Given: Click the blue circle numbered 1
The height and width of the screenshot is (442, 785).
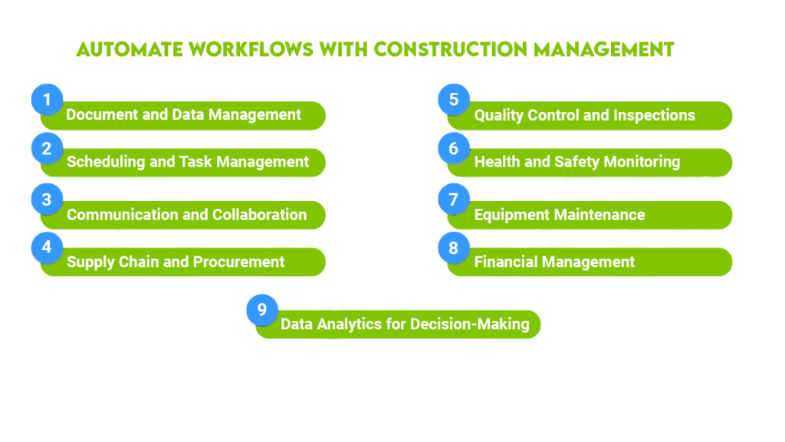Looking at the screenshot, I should [x=47, y=100].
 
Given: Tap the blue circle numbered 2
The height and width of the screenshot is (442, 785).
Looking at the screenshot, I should [x=47, y=148].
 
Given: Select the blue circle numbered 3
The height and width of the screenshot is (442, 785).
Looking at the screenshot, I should [x=47, y=200].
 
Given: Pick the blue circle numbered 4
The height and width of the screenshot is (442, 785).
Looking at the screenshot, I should [x=47, y=247].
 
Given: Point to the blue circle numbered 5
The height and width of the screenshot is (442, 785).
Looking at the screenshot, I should [x=454, y=100].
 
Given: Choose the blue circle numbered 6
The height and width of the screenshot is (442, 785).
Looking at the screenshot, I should [x=454, y=148].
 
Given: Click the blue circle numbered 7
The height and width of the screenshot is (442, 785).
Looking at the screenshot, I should [x=454, y=200].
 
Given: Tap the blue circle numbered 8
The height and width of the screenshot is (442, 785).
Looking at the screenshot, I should [x=454, y=247].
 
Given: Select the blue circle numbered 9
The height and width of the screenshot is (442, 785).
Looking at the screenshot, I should [x=262, y=309].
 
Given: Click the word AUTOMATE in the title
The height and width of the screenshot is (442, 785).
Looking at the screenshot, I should [x=126, y=50].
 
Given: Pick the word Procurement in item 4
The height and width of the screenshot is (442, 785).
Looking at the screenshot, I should [x=238, y=262].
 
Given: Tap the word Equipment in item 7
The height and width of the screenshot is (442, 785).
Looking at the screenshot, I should [x=511, y=215].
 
